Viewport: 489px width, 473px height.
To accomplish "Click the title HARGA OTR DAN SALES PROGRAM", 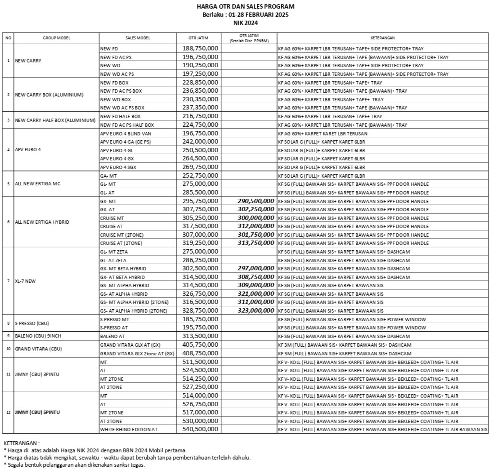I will [246, 7].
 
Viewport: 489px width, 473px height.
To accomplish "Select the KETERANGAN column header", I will [383, 37].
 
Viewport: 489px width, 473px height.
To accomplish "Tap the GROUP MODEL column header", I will [56, 37].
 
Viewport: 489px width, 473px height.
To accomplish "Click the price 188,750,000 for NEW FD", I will [200, 49].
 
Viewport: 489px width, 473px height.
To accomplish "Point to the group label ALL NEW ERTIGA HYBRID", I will [42, 222].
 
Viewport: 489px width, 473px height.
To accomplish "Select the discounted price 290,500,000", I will [256, 201].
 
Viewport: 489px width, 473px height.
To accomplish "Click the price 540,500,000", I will [200, 429].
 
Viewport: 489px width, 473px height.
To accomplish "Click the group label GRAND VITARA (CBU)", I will [38, 349].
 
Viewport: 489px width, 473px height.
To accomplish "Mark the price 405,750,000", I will [200, 345].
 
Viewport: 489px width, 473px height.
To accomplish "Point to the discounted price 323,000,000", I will [256, 311].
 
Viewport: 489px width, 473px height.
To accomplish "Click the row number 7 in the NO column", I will [8, 280].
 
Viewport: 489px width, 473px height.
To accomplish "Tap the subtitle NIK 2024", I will [246, 22].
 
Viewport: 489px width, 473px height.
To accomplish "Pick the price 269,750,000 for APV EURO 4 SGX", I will [200, 167].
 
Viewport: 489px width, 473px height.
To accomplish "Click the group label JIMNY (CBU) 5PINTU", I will [38, 412].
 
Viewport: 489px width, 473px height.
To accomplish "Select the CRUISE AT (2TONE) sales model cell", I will [121, 243].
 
